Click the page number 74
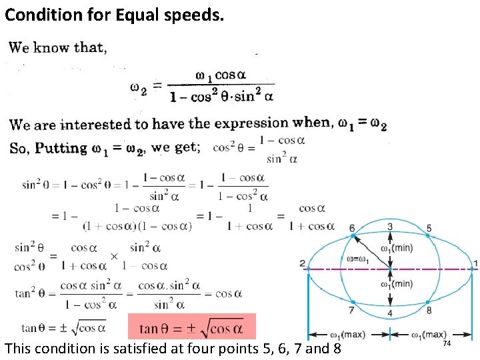[x=447, y=343]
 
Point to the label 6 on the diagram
[x=352, y=228]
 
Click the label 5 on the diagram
[x=429, y=228]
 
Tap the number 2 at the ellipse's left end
[x=302, y=263]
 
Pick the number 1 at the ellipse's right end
[x=475, y=263]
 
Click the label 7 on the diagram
[x=351, y=311]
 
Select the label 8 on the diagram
[x=429, y=311]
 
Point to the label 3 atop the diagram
[x=390, y=227]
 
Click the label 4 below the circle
[x=390, y=313]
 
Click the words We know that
[x=58, y=47]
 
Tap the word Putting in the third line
[x=61, y=148]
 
